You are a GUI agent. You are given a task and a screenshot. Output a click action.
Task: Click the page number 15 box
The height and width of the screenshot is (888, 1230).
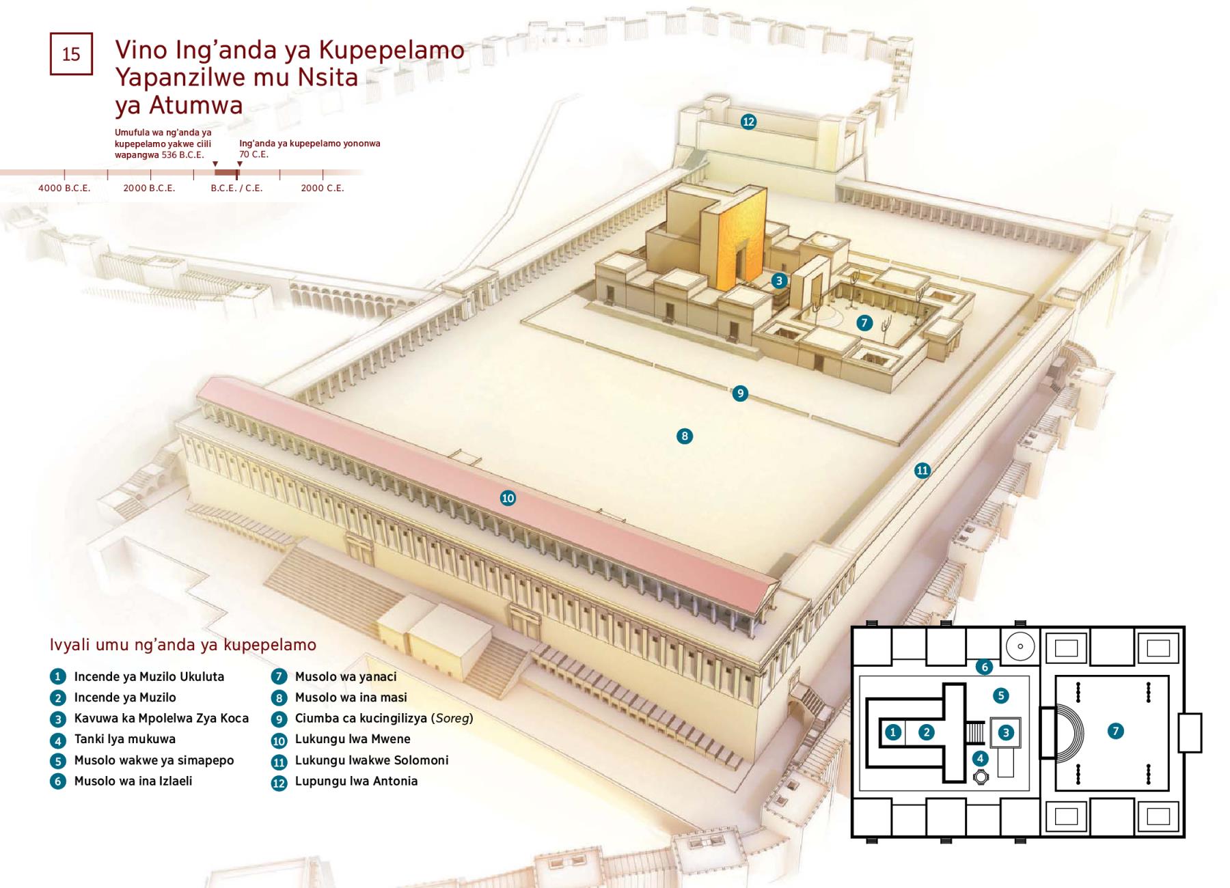pos(71,53)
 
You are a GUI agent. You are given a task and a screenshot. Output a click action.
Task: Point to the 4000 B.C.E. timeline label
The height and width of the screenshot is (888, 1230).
pos(64,188)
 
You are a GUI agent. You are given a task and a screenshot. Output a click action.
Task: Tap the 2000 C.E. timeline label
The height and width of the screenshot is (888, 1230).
pos(323,188)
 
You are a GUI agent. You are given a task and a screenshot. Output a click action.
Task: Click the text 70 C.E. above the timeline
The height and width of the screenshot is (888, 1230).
pos(254,154)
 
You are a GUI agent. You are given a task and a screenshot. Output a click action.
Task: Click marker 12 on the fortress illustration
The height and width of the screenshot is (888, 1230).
pos(748,122)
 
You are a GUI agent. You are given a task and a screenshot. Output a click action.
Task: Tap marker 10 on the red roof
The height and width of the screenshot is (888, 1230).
pos(508,498)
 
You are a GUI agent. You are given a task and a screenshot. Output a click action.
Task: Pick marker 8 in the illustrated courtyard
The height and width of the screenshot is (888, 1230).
pos(684,436)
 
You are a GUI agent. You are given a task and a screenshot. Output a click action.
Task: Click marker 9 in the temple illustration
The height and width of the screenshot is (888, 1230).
pos(739,393)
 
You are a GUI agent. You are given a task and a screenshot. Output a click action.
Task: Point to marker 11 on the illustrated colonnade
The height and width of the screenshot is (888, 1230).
pos(922,470)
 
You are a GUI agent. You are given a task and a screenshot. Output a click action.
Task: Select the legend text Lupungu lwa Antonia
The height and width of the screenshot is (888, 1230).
pos(356,781)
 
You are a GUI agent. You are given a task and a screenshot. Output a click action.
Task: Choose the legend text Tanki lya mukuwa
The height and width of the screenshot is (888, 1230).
pos(125,739)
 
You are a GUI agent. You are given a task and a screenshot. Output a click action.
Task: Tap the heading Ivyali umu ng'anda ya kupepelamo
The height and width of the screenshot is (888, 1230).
pos(183,645)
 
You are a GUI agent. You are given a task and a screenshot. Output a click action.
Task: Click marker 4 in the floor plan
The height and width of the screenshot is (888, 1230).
pos(980,758)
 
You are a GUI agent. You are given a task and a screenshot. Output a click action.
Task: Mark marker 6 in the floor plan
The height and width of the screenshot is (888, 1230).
pos(983,666)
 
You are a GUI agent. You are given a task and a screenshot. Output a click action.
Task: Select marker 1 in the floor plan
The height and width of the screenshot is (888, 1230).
pos(892,732)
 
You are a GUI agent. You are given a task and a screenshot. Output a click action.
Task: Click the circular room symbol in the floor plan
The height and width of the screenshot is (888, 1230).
pos(1020,646)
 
